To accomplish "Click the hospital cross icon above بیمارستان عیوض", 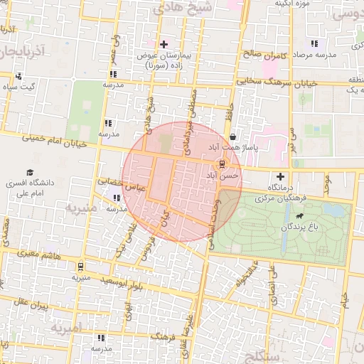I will click(x=164, y=44).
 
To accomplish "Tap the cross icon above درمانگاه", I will click(x=280, y=176).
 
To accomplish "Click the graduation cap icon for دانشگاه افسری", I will click(x=30, y=172).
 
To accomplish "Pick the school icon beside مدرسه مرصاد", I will click(x=315, y=44).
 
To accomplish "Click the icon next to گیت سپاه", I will click(x=18, y=77).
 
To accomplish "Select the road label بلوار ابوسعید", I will click(x=126, y=284).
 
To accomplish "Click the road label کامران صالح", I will click(x=273, y=54).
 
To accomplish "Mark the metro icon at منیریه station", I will click(x=80, y=267).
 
